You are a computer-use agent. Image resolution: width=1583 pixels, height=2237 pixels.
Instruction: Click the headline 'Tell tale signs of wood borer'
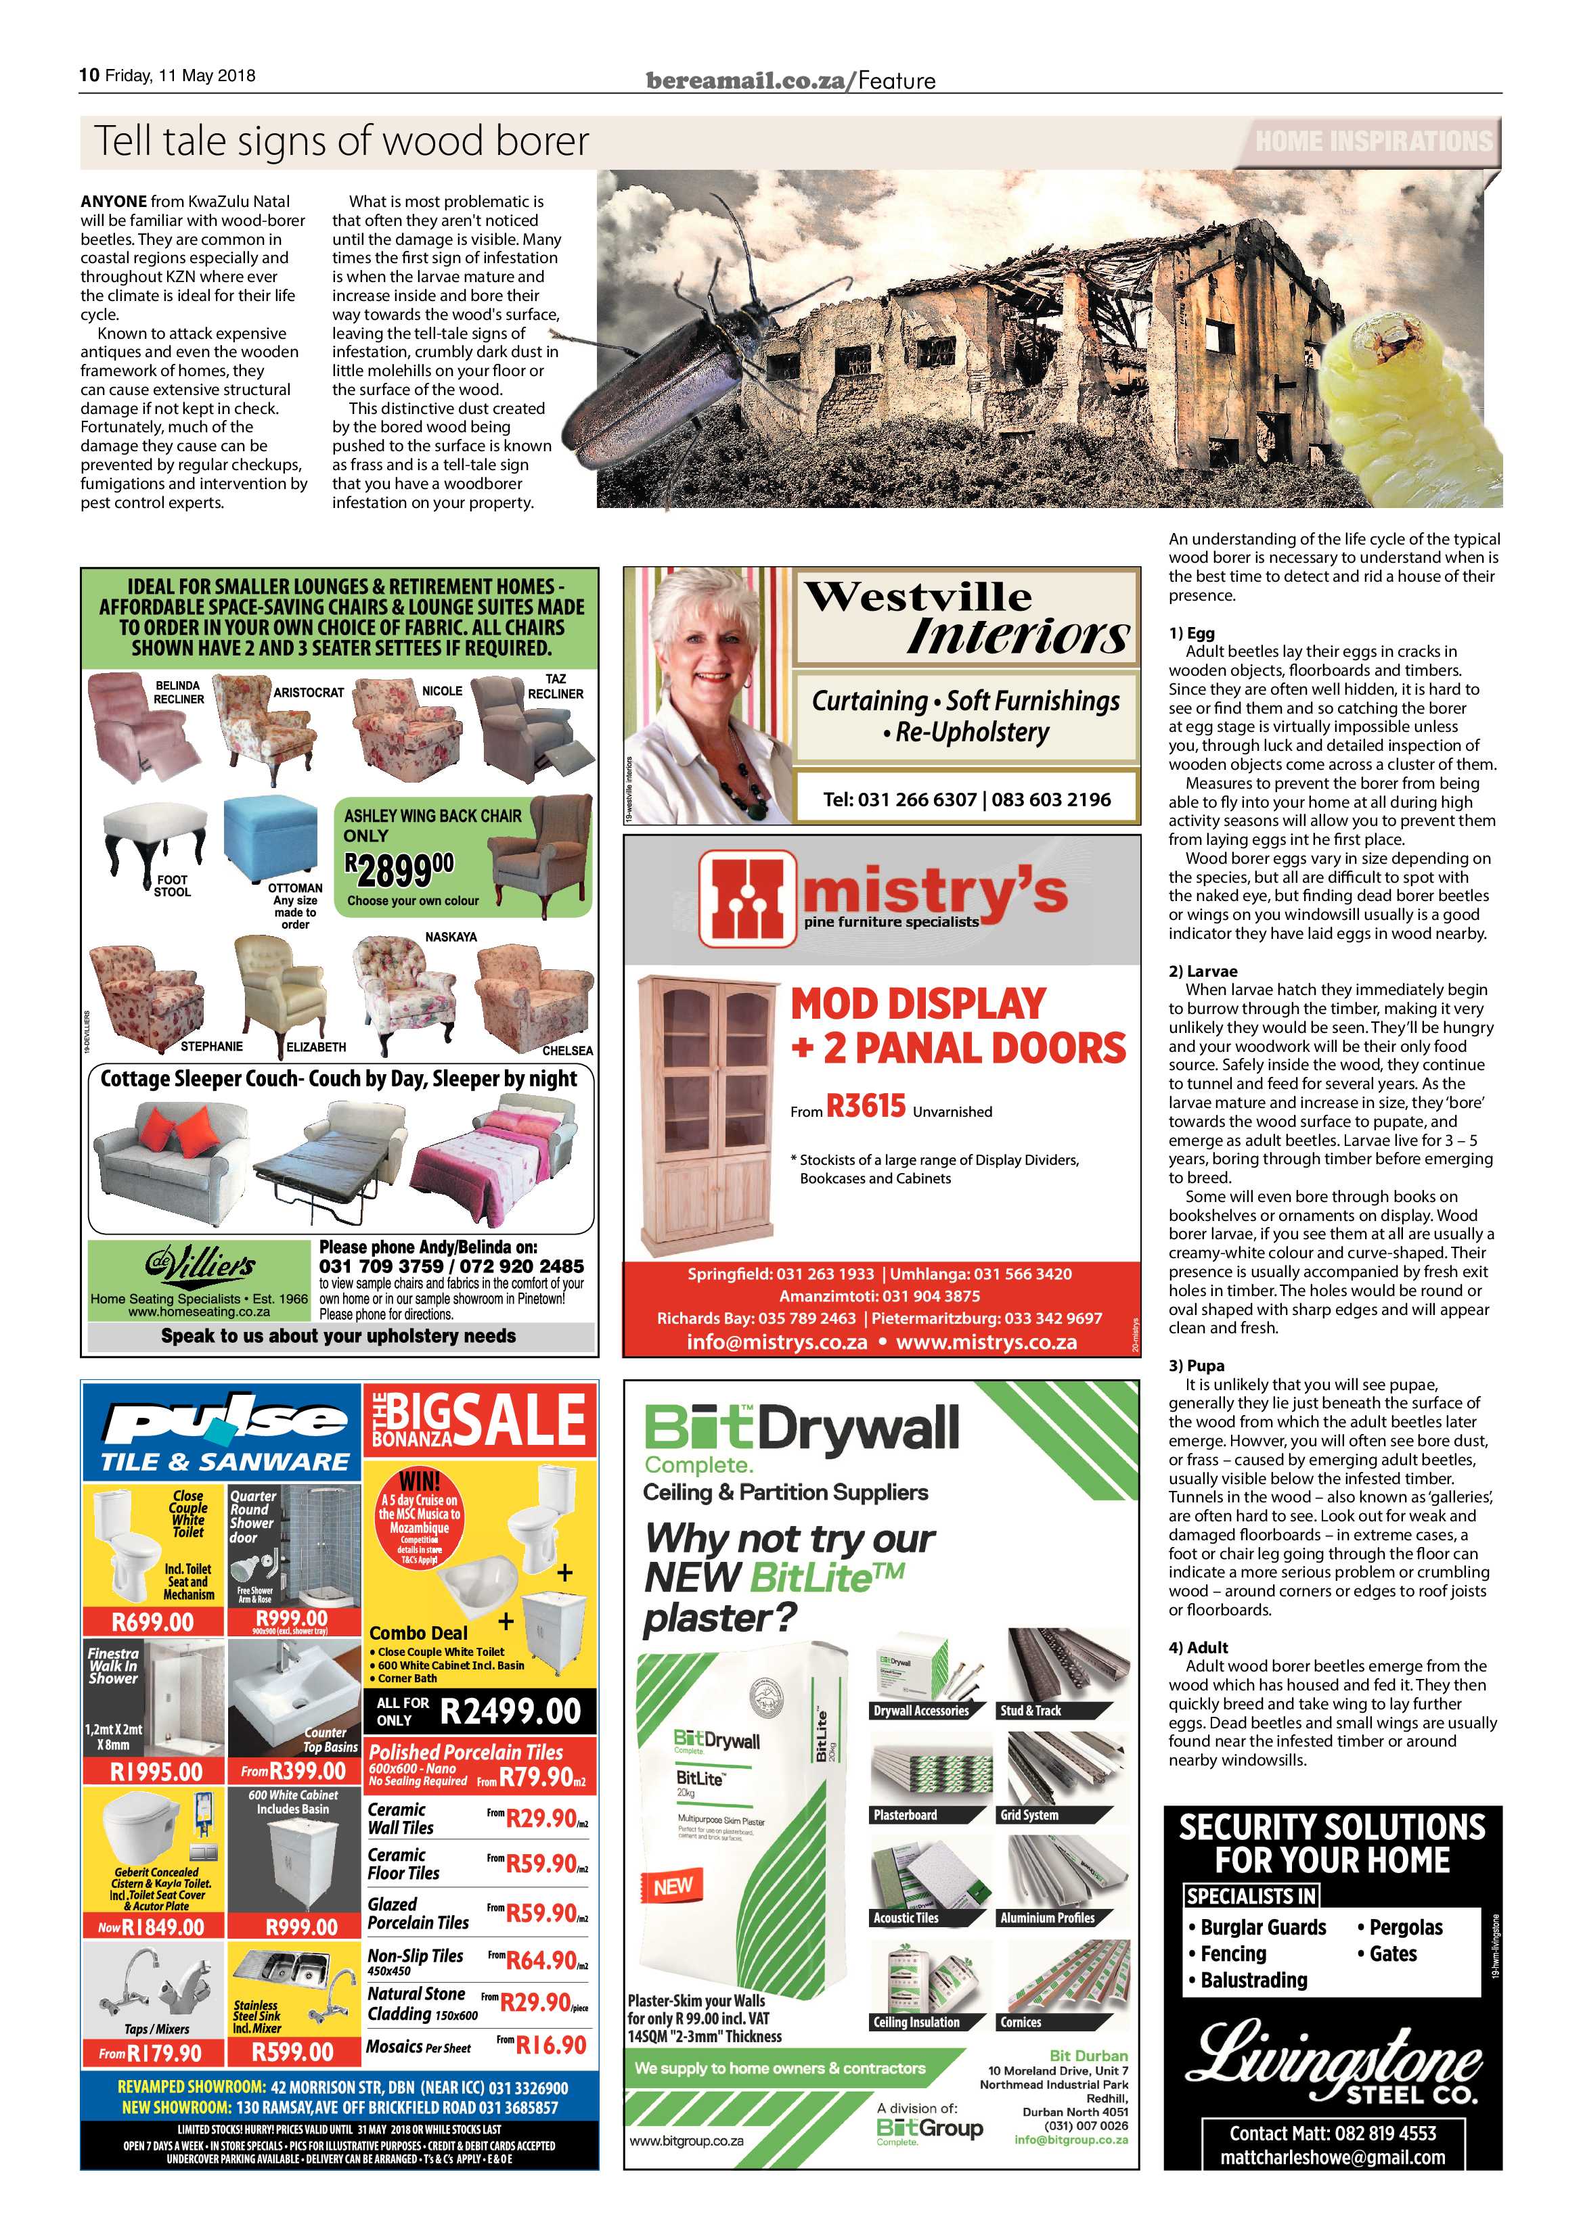[341, 142]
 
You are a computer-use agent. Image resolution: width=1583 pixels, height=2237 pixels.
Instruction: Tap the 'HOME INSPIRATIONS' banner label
[1373, 141]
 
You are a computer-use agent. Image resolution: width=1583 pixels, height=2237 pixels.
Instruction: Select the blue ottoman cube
[270, 840]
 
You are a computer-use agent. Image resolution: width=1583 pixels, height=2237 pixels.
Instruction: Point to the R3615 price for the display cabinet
[866, 1107]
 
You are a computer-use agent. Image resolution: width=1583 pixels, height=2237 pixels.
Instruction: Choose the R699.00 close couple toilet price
[153, 1621]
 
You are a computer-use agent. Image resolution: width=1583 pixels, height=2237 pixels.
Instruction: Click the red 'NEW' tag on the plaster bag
[673, 1886]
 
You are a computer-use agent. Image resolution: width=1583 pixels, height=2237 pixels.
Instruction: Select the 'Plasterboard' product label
[906, 1815]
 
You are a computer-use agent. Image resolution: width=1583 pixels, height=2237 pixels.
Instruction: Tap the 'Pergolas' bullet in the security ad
[1404, 1927]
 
